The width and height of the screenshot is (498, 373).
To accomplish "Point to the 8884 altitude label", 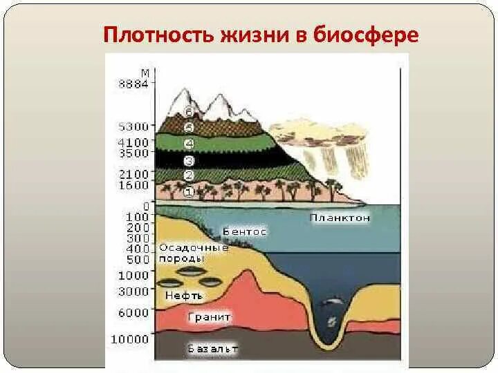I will click(134, 84).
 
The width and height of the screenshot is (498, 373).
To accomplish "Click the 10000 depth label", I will click(131, 339).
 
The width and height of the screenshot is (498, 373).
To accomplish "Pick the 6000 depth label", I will click(134, 312).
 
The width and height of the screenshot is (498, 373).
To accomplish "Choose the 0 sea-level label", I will click(145, 206).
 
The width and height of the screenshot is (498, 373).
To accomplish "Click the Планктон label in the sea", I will click(340, 218).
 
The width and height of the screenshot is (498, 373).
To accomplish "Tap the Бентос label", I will click(244, 232).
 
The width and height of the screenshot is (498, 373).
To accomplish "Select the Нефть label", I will click(184, 295).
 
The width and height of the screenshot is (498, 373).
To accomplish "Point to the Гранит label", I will click(209, 317).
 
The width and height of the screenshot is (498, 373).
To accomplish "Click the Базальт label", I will click(213, 349).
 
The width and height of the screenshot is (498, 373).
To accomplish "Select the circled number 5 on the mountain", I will click(188, 127).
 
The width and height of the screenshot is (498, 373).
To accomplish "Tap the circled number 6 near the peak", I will click(187, 113).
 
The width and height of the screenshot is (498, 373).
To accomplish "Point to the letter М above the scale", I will click(145, 73).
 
